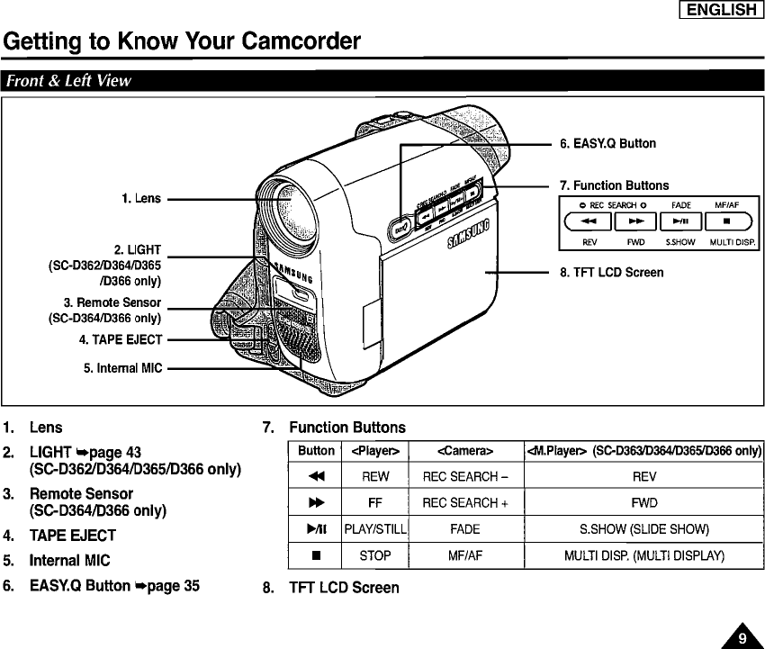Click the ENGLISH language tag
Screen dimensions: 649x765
click(x=722, y=10)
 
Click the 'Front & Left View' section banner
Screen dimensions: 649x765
click(x=69, y=81)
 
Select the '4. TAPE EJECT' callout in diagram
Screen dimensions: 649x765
click(x=120, y=339)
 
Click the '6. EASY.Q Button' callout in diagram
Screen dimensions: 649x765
click(x=607, y=143)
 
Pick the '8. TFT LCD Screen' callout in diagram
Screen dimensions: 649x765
click(x=611, y=272)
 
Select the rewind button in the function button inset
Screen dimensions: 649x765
click(x=589, y=220)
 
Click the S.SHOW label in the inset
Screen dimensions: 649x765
click(x=679, y=241)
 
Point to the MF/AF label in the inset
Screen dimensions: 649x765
click(x=726, y=205)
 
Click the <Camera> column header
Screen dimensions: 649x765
click(x=465, y=450)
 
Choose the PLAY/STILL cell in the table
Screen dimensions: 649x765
click(x=375, y=529)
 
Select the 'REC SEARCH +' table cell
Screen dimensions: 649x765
click(x=465, y=503)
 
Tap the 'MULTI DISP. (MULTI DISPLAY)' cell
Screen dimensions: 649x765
click(x=643, y=555)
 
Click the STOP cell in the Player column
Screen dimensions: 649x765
click(x=375, y=555)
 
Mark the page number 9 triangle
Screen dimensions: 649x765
click(x=742, y=637)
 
